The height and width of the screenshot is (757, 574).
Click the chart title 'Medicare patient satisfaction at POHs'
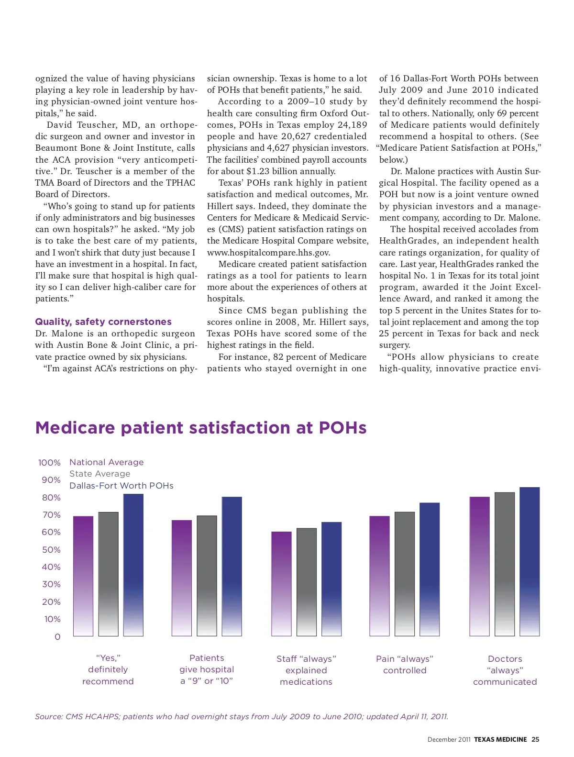[201, 427]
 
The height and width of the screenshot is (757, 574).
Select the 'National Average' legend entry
[106, 462]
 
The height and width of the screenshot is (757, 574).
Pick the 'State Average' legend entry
[99, 474]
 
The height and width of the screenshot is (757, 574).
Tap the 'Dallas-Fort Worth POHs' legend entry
[121, 486]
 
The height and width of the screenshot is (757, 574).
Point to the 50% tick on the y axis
[51, 550]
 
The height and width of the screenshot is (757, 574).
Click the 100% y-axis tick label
[49, 463]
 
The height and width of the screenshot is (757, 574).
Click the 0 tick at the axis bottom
[57, 637]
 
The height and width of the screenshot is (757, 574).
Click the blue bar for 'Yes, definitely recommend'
[133, 565]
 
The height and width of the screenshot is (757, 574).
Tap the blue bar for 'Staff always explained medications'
[331, 579]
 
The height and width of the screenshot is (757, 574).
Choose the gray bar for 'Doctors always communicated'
[505, 564]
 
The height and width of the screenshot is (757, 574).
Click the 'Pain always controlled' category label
[405, 665]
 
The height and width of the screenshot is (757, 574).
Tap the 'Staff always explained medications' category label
[306, 670]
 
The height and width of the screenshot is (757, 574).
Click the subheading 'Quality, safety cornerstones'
[103, 322]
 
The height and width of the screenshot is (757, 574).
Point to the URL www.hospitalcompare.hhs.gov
[268, 253]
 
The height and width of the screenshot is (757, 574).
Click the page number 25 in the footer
[535, 739]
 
